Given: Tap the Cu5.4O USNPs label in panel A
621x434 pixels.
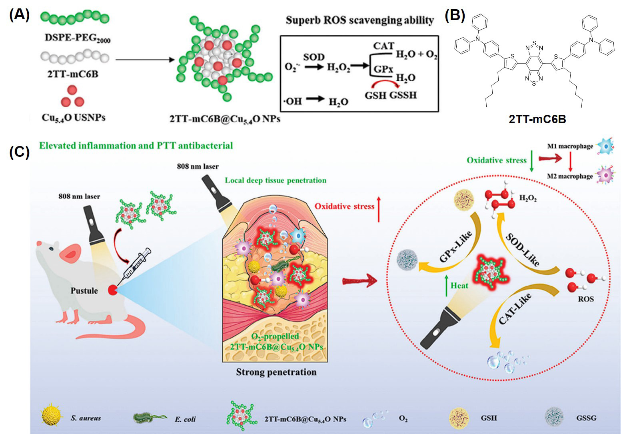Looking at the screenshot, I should pos(74,117).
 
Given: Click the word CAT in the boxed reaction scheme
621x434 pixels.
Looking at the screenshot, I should pos(383,46).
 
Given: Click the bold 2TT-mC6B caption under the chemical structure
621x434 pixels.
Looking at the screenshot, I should pos(537,119).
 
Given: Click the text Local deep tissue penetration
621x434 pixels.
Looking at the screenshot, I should pos(276,180).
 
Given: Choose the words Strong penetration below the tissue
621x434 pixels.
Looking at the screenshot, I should pos(276,372).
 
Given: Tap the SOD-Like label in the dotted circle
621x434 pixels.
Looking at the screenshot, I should pos(522,249).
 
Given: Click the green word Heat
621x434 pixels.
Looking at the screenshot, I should pos(459,285).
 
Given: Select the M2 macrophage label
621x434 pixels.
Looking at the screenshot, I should pos(570,176).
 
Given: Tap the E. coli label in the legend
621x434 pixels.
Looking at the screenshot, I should pos(185,419).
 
